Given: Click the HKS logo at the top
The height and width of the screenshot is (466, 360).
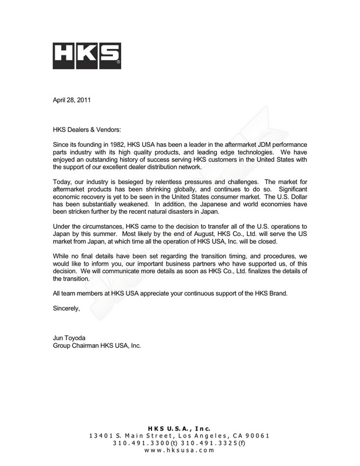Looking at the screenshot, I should click(87, 55).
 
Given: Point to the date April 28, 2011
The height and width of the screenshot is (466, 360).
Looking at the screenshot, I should click(71, 100).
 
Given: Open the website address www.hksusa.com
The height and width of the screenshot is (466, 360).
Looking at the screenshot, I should click(179, 450).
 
